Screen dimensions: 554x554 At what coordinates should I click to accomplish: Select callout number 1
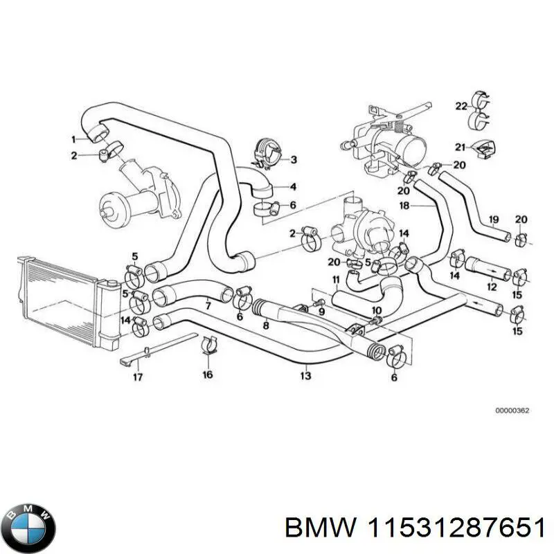[74, 138]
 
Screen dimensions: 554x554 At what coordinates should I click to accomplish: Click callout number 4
[293, 186]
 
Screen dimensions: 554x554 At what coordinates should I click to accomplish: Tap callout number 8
[265, 325]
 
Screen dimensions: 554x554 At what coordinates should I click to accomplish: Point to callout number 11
[335, 280]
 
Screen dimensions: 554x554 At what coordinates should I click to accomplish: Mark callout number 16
[207, 375]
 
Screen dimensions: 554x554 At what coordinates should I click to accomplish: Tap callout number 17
[138, 377]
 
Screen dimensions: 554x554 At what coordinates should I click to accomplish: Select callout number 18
[405, 206]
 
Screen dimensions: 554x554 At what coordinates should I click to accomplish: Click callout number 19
[494, 220]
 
